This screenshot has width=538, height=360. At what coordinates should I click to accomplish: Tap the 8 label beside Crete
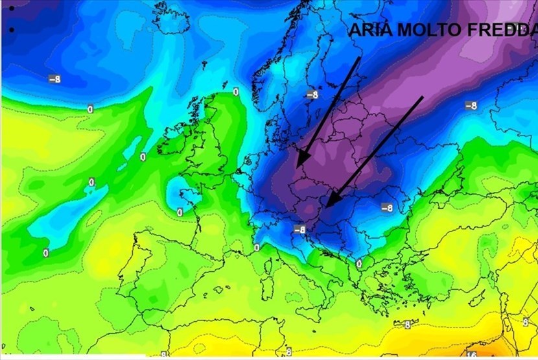tap(407, 325)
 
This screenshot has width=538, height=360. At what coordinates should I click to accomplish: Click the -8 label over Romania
tap(387, 208)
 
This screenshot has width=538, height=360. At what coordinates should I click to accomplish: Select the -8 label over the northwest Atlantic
tap(55, 79)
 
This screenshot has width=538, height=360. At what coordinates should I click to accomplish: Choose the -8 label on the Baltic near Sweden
tap(312, 95)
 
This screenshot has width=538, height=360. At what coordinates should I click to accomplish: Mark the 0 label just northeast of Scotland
tap(236, 92)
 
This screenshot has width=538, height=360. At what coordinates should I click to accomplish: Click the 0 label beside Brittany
tap(180, 212)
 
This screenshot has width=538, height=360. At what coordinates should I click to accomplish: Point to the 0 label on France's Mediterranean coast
tap(257, 248)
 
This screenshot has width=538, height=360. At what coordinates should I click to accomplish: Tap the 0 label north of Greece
tap(358, 263)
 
